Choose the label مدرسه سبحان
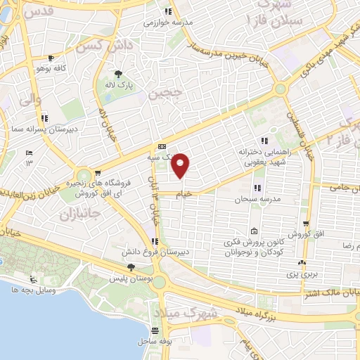(257, 200)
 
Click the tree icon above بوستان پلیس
(131, 266)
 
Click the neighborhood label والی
(22, 103)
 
